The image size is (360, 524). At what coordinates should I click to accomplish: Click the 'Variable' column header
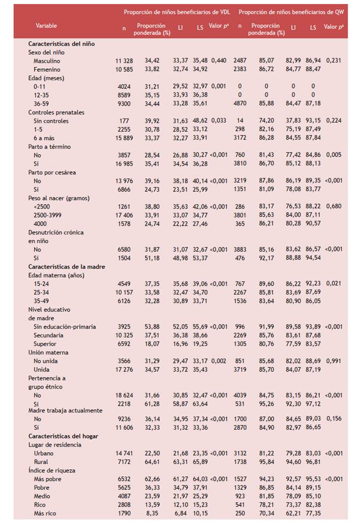(46, 25)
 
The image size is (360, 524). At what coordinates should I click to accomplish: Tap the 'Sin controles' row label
(51, 121)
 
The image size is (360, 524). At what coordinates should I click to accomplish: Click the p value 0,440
(219, 61)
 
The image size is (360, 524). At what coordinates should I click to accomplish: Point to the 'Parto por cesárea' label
(52, 172)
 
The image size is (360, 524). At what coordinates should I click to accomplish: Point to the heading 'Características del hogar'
(63, 436)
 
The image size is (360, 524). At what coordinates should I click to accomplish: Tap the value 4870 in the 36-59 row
(239, 104)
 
